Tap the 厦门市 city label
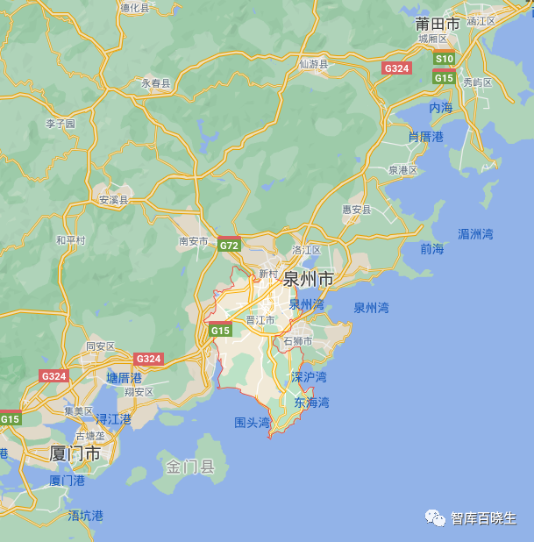coord(75,454)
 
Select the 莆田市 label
coord(438,24)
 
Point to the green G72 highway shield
coord(229,246)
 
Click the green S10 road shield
coord(445,59)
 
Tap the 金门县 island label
coord(190,467)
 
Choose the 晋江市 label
coord(260,320)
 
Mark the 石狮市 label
coord(298,341)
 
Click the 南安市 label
coord(194,241)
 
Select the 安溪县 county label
coord(113,200)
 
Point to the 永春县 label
coord(156,83)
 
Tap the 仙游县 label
coord(313,64)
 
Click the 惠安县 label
coord(357,210)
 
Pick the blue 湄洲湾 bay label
coord(475,234)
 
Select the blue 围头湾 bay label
coord(253,423)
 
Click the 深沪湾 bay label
coord(309,377)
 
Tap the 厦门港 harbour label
coord(67,481)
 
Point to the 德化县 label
coord(135,7)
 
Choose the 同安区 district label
coord(100,346)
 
